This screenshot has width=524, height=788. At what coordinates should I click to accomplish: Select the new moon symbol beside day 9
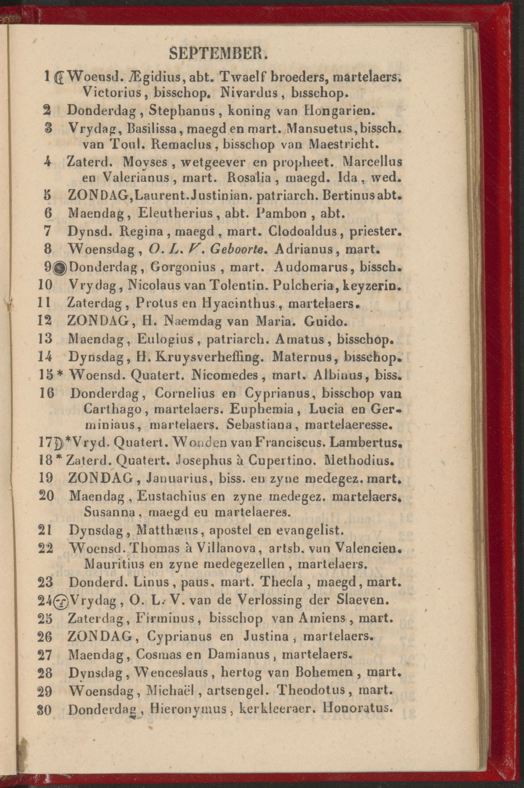[x=60, y=268]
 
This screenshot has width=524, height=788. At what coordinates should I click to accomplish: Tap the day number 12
[x=45, y=321]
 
